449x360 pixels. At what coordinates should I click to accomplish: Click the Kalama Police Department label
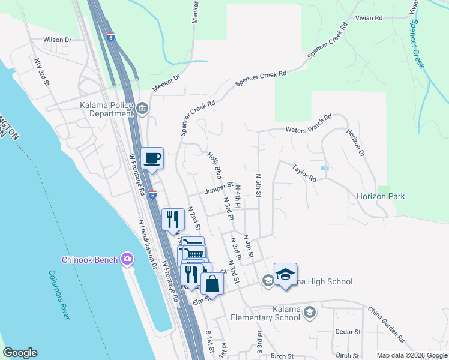pos(101,108)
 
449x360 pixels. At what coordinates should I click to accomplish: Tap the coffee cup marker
pos(152,158)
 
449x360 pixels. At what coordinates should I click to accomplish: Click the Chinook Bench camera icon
pos(127,259)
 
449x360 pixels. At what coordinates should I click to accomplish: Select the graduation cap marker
pos(285,275)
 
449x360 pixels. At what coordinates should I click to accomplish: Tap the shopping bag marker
pos(212,283)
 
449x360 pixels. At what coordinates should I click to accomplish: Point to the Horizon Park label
pos(380,196)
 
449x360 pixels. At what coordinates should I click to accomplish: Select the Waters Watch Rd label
pos(309,128)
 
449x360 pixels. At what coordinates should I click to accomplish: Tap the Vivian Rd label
pos(369,19)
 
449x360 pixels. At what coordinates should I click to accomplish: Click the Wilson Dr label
pos(57,40)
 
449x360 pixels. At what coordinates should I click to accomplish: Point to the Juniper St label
pos(218,191)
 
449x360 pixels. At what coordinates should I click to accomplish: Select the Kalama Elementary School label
pos(278,313)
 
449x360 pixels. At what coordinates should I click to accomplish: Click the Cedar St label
pos(348,331)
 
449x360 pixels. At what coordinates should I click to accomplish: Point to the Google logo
pos(20,353)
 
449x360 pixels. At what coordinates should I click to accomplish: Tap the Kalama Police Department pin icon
pos(142,109)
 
